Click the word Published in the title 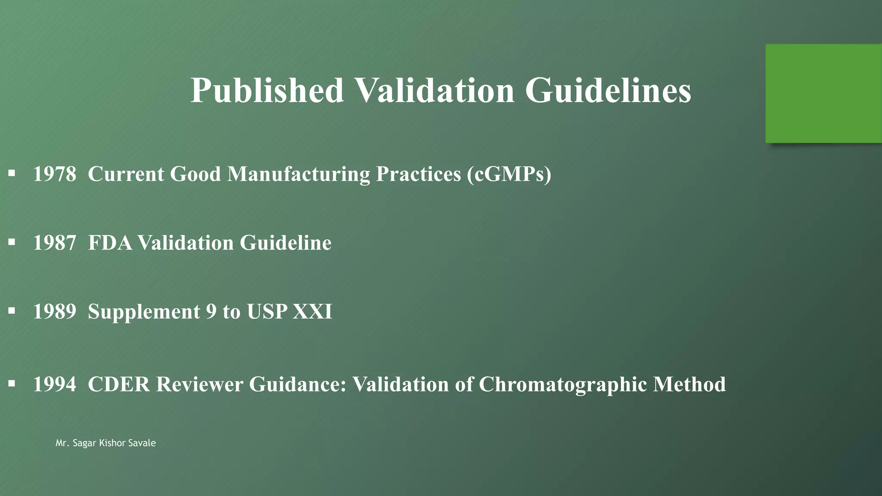click(267, 90)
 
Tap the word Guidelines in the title click(608, 90)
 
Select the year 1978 click(55, 174)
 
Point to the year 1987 click(55, 243)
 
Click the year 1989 click(55, 312)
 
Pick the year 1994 click(55, 384)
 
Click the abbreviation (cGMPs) click(509, 174)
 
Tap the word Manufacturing click(298, 174)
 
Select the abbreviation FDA click(110, 243)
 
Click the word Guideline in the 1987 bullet click(286, 243)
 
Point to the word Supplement click(144, 312)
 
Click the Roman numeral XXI click(312, 312)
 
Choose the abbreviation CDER click(119, 384)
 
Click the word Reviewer click(199, 384)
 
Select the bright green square click(823, 93)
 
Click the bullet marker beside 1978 click(12, 174)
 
